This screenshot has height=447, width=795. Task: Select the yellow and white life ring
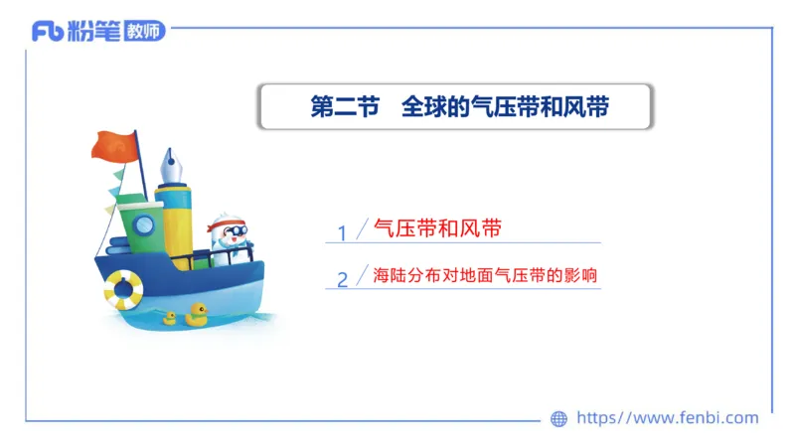tap(123, 289)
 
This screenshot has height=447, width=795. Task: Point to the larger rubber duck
tap(196, 315)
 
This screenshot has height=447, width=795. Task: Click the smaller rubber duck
tap(169, 318)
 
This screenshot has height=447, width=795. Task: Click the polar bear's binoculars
tap(236, 234)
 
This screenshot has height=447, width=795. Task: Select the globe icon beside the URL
tap(558, 419)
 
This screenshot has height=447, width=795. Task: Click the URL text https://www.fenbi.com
tap(668, 418)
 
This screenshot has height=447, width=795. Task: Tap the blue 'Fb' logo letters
tap(47, 32)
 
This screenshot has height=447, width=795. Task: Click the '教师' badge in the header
tap(145, 32)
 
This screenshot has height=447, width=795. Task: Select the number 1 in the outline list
tap(342, 233)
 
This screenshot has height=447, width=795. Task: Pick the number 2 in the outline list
tap(342, 279)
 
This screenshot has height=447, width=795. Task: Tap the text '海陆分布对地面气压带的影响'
tap(485, 275)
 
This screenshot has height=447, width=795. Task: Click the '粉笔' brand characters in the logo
tap(95, 32)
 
